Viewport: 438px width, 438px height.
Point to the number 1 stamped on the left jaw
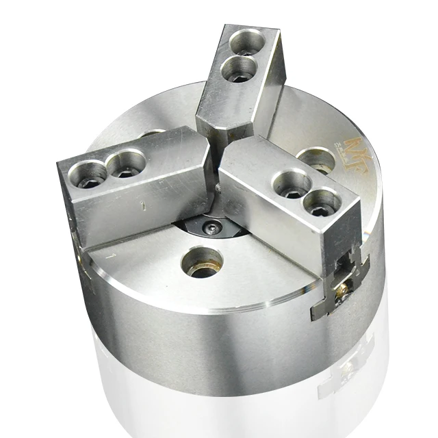click(142, 203)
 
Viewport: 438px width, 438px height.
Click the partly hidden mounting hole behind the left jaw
click(154, 134)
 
